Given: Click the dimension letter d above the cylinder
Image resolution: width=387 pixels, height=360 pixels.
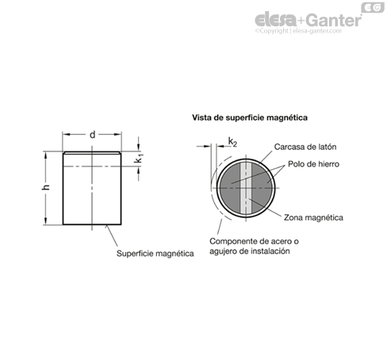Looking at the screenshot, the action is [x=92, y=135].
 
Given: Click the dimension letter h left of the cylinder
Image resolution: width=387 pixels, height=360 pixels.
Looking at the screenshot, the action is [x=46, y=187].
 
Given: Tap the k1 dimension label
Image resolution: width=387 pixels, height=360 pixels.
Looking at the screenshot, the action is [x=139, y=159].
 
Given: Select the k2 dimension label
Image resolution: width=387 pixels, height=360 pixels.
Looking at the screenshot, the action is [x=232, y=142].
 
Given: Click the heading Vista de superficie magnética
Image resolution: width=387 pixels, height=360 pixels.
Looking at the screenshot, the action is [x=250, y=117].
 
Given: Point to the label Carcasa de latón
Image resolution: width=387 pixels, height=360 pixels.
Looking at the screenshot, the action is [x=305, y=147].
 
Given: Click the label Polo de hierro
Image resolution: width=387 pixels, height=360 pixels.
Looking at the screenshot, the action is [x=313, y=164].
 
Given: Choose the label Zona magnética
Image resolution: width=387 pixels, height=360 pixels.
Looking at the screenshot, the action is [x=313, y=218].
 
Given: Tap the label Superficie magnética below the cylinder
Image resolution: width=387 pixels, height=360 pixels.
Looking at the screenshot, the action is [x=155, y=254].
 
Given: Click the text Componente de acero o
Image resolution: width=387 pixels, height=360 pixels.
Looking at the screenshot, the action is [x=254, y=241].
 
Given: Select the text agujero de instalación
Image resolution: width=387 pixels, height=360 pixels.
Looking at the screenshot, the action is [x=250, y=251].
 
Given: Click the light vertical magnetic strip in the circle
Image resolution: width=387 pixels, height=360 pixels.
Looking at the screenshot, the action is [x=246, y=188].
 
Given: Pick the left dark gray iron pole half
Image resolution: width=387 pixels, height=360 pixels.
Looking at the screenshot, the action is [x=230, y=188].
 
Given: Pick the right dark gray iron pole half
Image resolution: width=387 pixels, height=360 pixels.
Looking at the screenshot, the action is [x=262, y=188].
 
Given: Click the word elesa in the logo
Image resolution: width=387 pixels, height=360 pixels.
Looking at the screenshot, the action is [x=275, y=20].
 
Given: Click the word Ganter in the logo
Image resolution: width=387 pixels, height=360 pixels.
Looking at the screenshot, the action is [x=334, y=21].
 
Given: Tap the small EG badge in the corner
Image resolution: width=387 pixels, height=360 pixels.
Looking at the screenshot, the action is [x=373, y=7].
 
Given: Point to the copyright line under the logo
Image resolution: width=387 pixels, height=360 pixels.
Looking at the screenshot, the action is [x=298, y=31].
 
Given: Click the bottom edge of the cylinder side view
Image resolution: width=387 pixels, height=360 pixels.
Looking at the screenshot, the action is [x=92, y=224].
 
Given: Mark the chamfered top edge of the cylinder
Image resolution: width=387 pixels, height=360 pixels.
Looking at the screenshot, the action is [x=92, y=152].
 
